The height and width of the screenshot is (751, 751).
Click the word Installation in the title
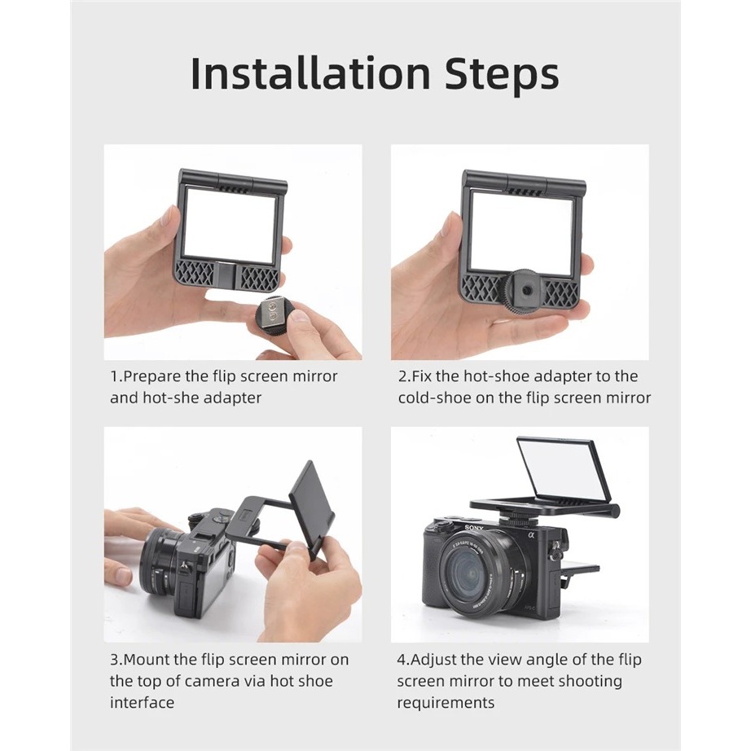point(310,73)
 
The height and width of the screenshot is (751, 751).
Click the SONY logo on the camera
point(474,529)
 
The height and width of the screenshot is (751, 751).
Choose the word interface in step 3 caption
point(142,702)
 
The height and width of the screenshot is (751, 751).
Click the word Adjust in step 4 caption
point(433,660)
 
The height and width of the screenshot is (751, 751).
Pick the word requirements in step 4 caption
point(446,703)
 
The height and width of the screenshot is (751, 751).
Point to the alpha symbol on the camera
point(530,535)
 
